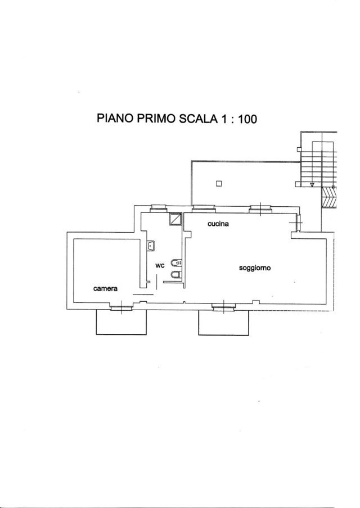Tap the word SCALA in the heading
coord(198,119)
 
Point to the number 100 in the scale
coord(247,119)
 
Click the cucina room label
coord(218,224)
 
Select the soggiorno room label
coord(255,268)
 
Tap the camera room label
coord(105,288)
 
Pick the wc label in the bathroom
coord(160,266)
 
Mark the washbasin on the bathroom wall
coord(151,246)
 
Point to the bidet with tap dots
coord(176,263)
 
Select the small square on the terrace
coord(219,184)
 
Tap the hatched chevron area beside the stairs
coord(329,197)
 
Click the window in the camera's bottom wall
coord(121,307)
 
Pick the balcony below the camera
coord(121,322)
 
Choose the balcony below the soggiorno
coord(224,322)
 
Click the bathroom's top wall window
coord(158,208)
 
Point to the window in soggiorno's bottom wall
coord(224,307)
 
